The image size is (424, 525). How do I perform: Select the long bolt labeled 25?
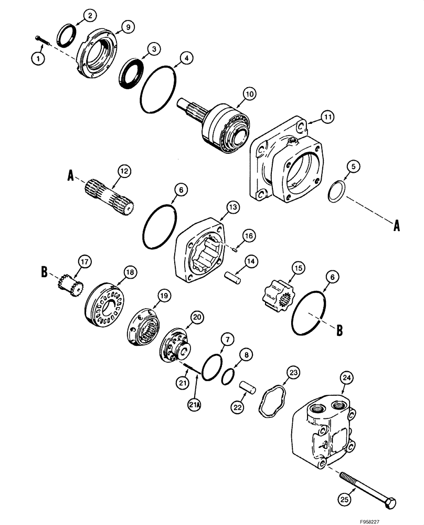pos(368,489)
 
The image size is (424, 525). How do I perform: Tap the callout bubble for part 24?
pos(345,377)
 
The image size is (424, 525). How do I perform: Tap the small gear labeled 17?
pos(70,285)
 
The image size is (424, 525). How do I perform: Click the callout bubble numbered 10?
pos(249,93)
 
